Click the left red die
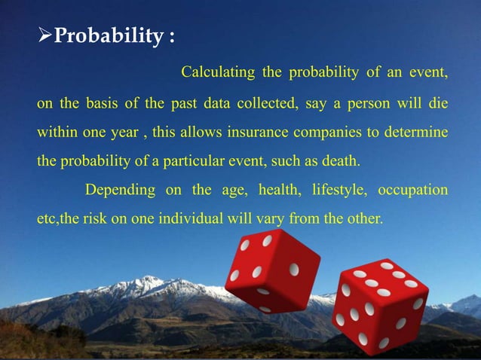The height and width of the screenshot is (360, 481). (x=272, y=270)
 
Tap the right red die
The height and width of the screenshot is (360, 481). (x=380, y=305)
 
